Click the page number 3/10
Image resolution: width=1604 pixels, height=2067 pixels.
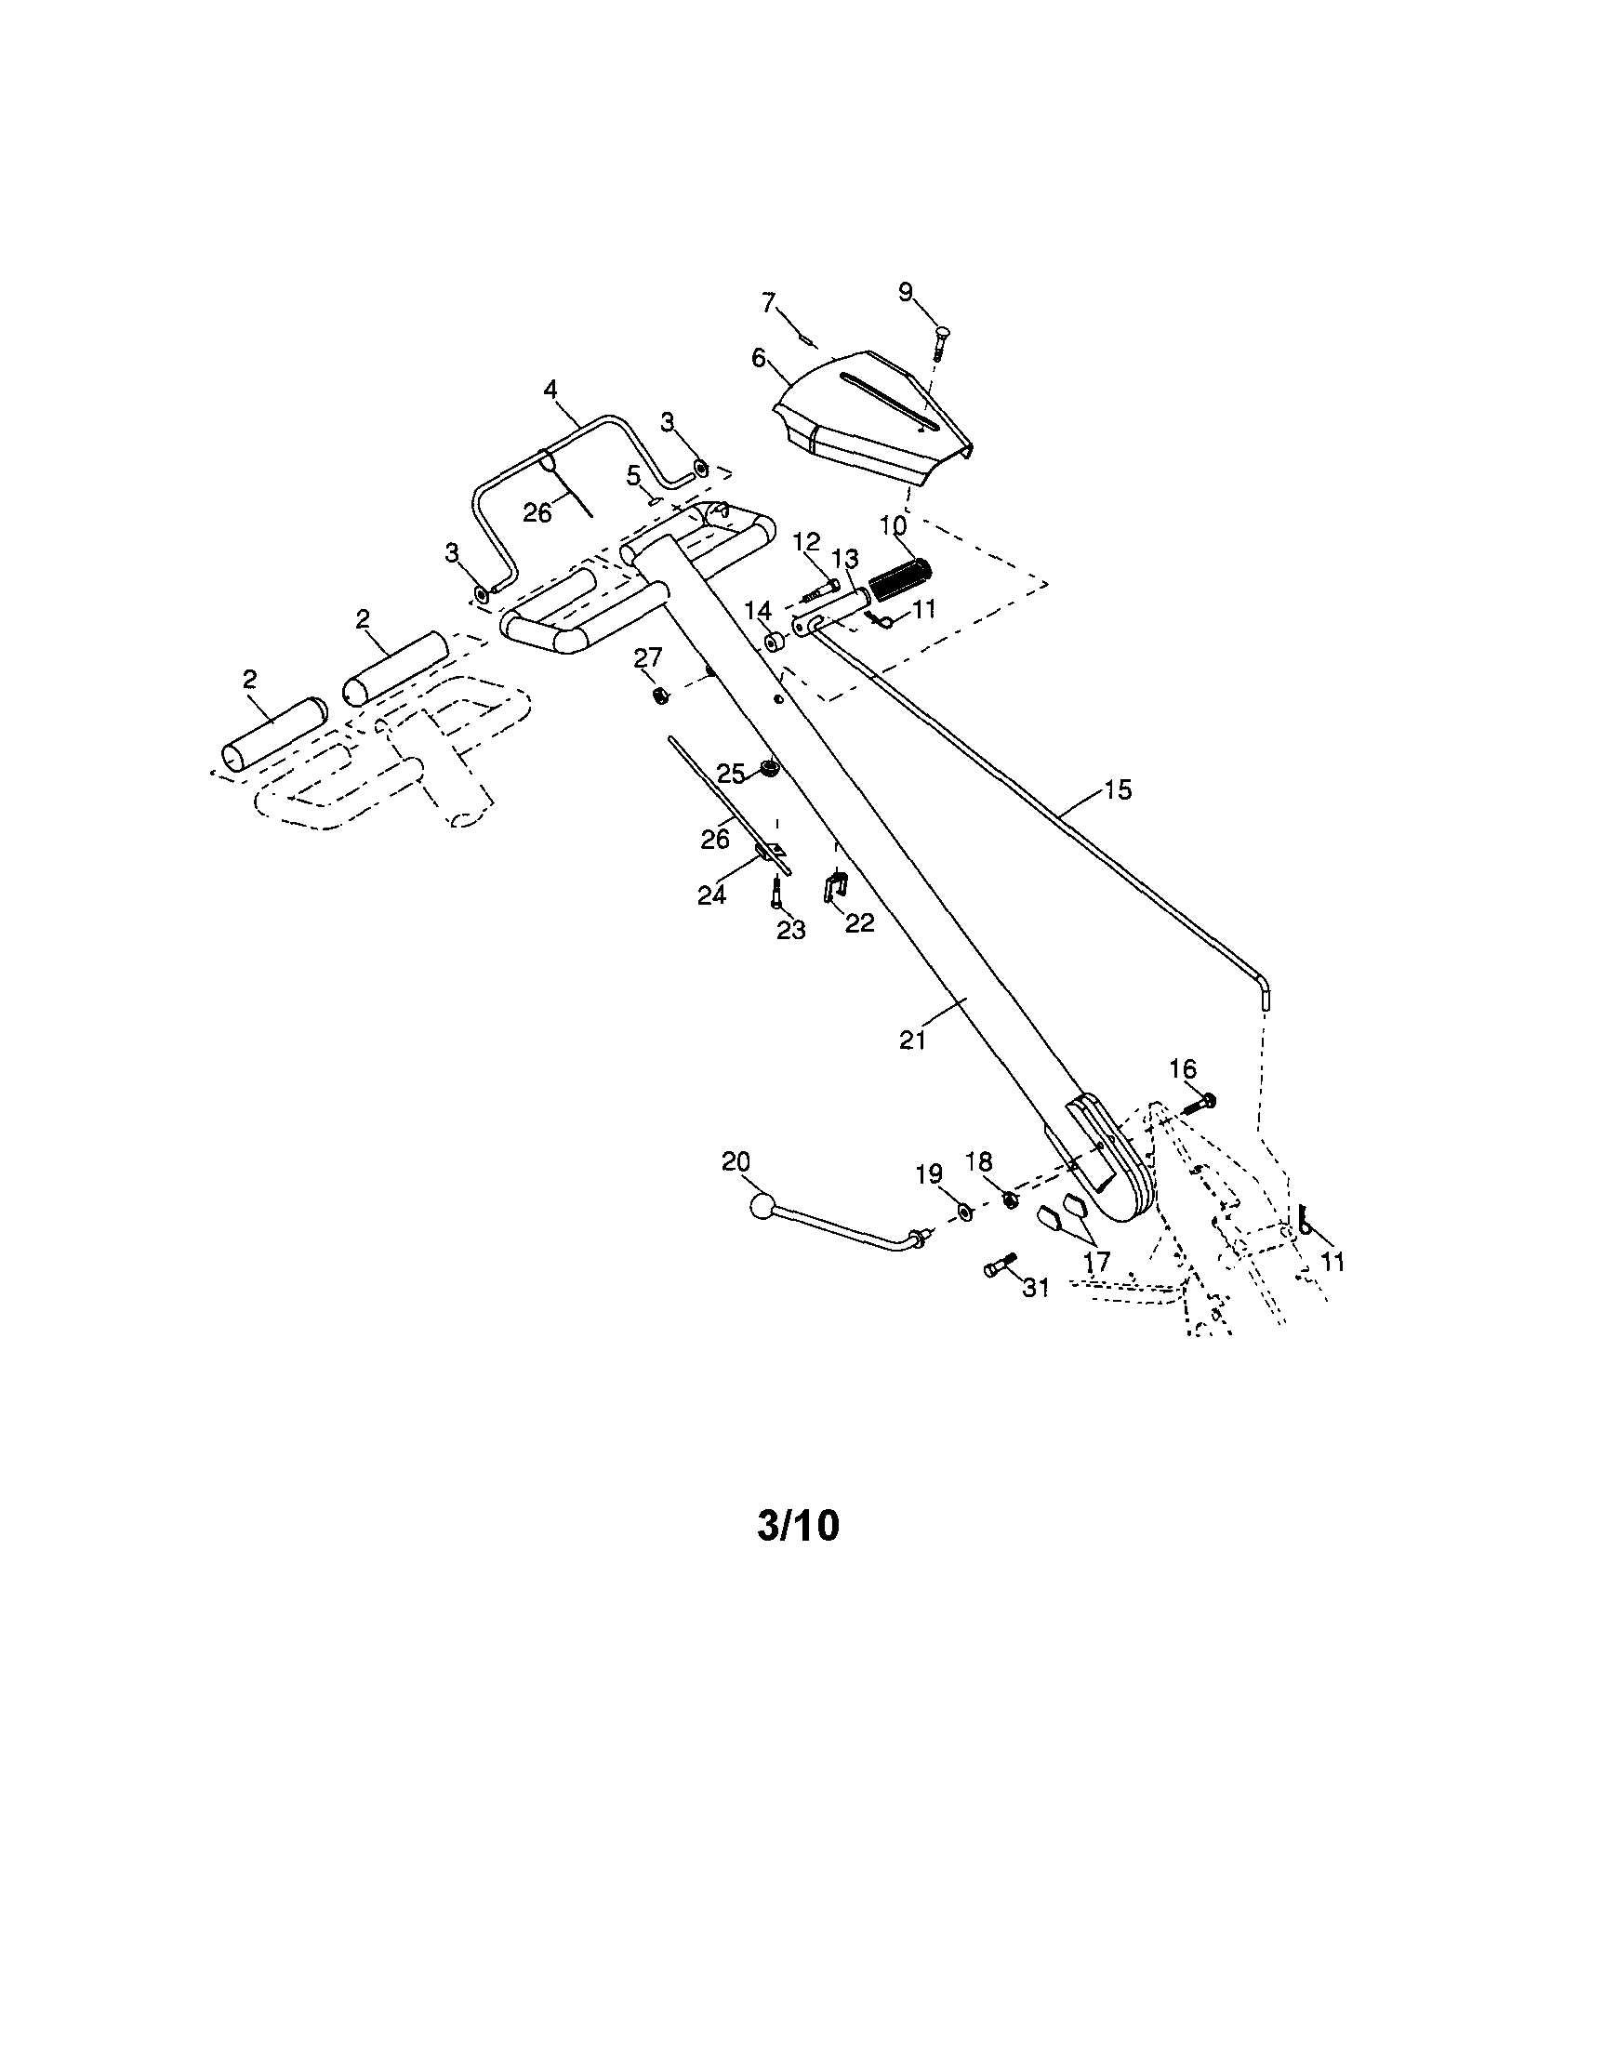pyautogui.click(x=798, y=1527)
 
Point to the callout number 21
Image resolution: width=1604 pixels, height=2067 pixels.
pyautogui.click(x=911, y=1040)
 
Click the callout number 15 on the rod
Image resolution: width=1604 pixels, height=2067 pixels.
pyautogui.click(x=1118, y=789)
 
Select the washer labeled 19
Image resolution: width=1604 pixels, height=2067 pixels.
pyautogui.click(x=963, y=1212)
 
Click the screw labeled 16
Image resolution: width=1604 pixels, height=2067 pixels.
pyautogui.click(x=1200, y=1102)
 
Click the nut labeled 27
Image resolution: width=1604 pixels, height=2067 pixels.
pyautogui.click(x=661, y=696)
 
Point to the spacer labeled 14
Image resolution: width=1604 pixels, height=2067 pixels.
pyautogui.click(x=775, y=643)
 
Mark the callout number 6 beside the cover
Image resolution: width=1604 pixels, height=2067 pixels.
pyautogui.click(x=758, y=358)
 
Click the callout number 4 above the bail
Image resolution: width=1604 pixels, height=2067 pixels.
pyautogui.click(x=550, y=389)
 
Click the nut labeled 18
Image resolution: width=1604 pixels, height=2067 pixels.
pyautogui.click(x=1009, y=1200)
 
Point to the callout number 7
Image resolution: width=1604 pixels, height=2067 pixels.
pyautogui.click(x=768, y=302)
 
